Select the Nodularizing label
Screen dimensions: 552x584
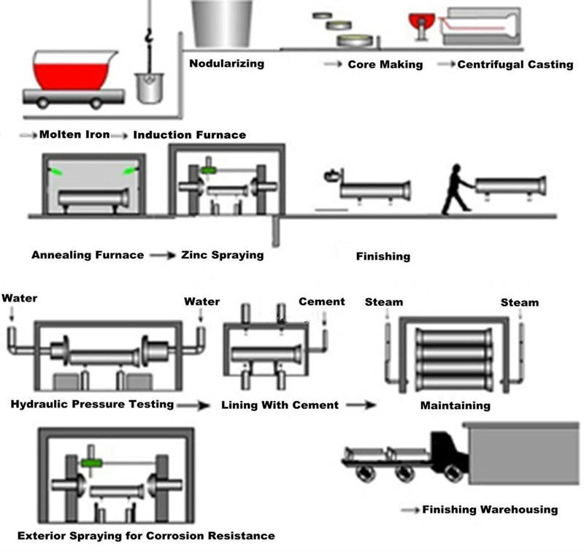click(x=226, y=63)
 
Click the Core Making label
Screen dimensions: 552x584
click(x=385, y=64)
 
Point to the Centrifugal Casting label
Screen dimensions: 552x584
click(x=515, y=64)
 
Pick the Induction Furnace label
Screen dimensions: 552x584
click(x=189, y=134)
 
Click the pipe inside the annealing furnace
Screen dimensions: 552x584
click(x=93, y=198)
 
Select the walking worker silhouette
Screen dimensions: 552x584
click(x=456, y=190)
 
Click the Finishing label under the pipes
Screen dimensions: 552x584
click(x=383, y=256)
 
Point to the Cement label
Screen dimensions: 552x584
click(x=321, y=302)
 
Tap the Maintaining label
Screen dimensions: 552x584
click(x=455, y=405)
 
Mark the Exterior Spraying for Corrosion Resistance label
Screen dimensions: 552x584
click(x=146, y=535)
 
